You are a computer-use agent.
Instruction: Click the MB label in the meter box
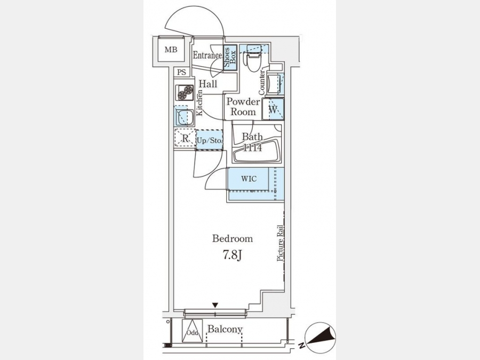(x=171, y=50)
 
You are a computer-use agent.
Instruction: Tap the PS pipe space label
(x=181, y=73)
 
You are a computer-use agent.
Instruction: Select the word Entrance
(x=207, y=55)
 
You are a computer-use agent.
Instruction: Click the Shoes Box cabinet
(x=230, y=58)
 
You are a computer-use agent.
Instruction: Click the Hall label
(x=208, y=84)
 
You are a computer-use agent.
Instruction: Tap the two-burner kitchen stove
(x=185, y=92)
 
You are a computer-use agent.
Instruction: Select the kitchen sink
(x=184, y=116)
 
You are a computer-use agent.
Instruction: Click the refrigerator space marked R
(x=185, y=138)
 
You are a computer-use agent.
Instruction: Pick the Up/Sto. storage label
(x=209, y=141)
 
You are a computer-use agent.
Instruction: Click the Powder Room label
(x=243, y=107)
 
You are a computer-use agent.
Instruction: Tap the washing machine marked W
(x=273, y=109)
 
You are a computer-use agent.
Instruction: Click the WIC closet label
(x=249, y=179)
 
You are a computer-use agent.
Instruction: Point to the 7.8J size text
(x=232, y=255)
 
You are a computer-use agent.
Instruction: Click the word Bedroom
(x=233, y=238)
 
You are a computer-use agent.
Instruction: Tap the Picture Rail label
(x=280, y=243)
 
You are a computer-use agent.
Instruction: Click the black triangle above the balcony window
(x=215, y=305)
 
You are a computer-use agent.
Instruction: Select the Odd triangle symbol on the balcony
(x=192, y=331)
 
